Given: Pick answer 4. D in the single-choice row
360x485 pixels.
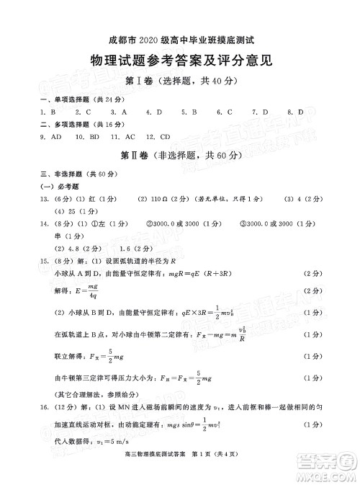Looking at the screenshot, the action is click(x=153, y=112).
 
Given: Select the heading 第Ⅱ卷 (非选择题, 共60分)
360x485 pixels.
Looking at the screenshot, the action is click(x=179, y=156).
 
